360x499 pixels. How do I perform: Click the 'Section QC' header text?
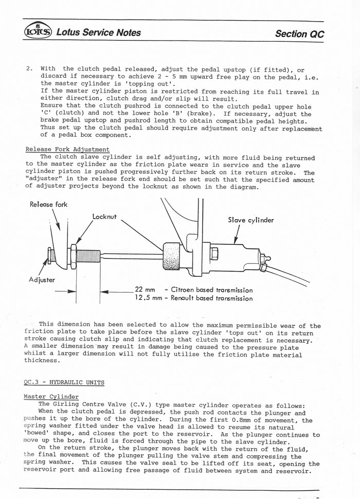point(299,34)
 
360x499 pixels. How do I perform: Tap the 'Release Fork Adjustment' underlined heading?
point(67,150)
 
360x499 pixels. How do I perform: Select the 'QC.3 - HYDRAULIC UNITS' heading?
point(64,382)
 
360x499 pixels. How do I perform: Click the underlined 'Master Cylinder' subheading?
point(51,397)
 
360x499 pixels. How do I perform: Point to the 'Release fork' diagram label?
point(48,204)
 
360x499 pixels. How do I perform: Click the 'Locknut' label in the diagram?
point(104,218)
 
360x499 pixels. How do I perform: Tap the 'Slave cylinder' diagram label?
point(251,220)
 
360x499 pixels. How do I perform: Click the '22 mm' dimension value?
point(145,290)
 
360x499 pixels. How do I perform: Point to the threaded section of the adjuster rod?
point(89,254)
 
